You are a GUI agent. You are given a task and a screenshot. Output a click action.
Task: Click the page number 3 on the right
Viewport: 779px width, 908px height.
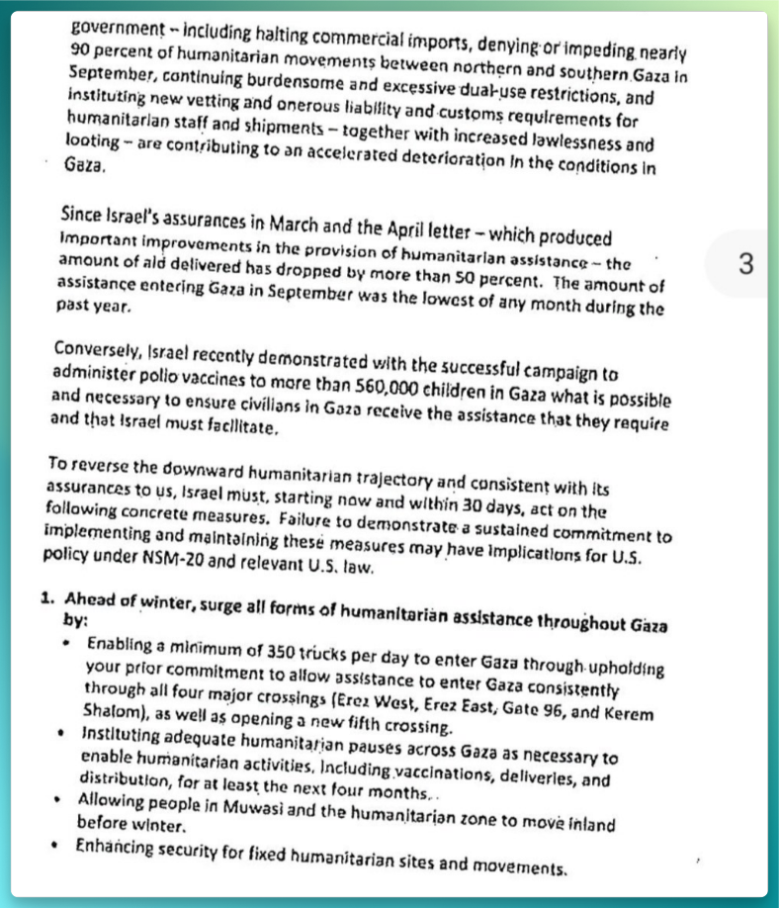745,264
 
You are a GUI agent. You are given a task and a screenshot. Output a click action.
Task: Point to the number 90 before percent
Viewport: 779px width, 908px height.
82,51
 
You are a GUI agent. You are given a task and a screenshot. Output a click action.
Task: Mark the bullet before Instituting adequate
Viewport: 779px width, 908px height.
65,737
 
